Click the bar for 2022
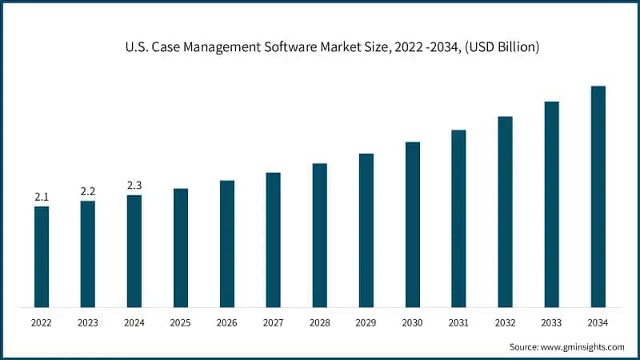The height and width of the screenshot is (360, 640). coord(42,257)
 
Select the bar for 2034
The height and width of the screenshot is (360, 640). coord(598,197)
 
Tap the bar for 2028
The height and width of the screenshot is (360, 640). coord(319,235)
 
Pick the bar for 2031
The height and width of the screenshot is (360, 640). coord(458,218)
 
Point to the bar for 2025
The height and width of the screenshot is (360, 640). coord(181,248)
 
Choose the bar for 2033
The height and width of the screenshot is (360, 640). coord(551,204)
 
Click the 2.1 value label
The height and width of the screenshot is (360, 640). coord(42,197)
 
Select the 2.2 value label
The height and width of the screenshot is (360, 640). coord(88,191)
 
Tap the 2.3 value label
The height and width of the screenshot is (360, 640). coord(134,186)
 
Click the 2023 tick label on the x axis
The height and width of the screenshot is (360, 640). coord(88,323)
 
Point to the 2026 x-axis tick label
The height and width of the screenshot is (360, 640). coord(227,323)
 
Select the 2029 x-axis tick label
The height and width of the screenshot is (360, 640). coord(366,323)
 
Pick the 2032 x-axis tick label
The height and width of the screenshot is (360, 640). coord(505,323)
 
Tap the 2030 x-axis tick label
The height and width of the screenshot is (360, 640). coord(412,323)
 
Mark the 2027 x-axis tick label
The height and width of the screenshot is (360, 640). coord(273,323)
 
